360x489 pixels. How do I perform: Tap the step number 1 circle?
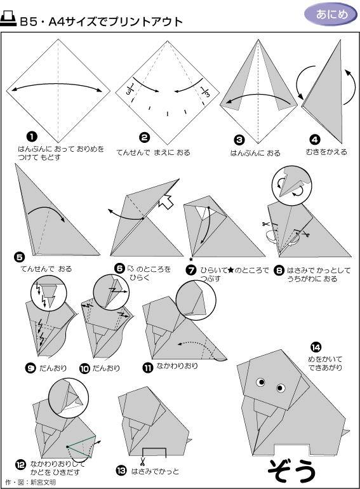click(30, 136)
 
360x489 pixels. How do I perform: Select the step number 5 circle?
click(19, 257)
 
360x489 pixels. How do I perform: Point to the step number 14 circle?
click(316, 346)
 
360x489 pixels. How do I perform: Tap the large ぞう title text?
click(291, 470)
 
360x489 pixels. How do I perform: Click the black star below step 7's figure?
click(190, 259)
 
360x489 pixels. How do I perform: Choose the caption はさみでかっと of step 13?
click(155, 471)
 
